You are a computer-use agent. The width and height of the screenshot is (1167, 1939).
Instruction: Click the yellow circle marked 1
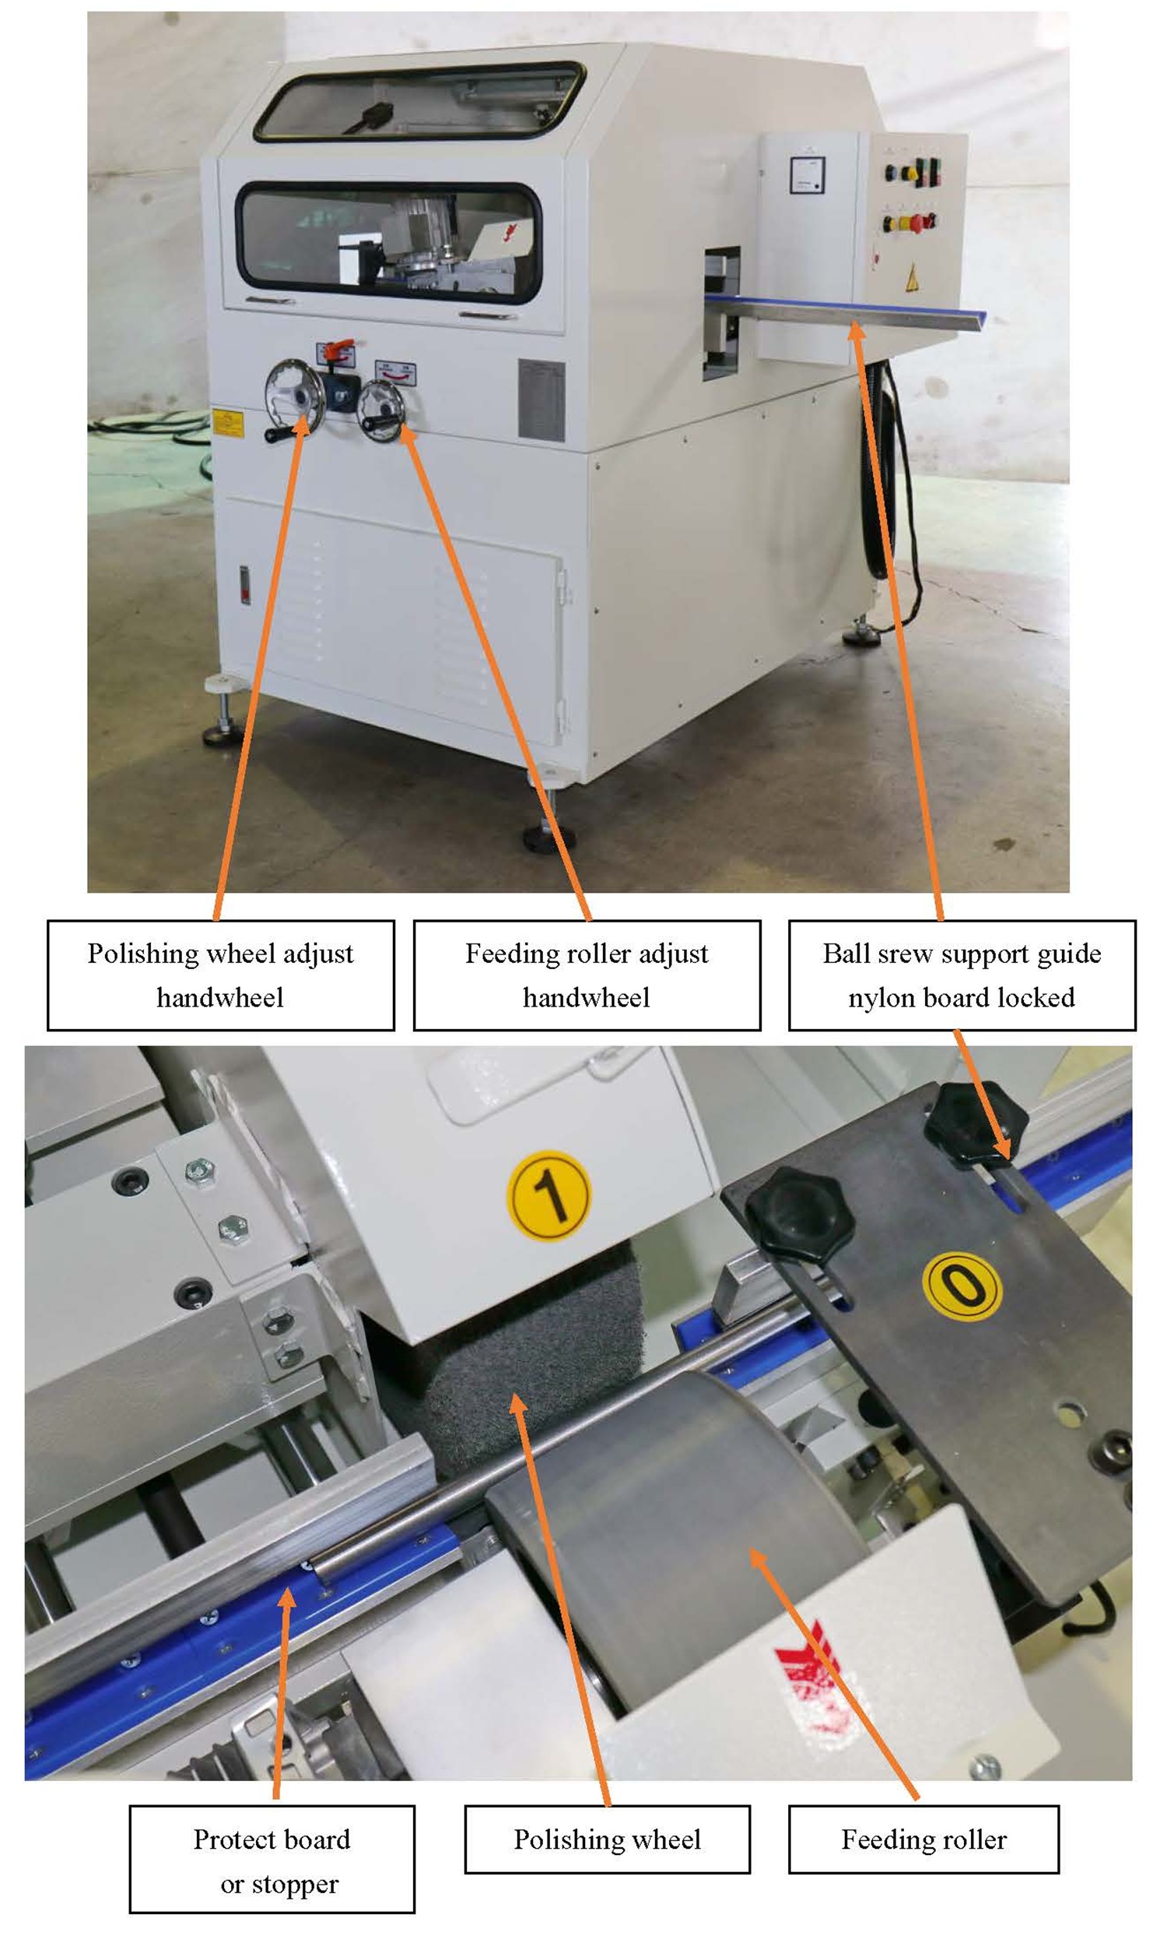coord(548,1195)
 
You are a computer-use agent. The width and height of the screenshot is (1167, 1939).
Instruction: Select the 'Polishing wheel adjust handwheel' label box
coord(221,975)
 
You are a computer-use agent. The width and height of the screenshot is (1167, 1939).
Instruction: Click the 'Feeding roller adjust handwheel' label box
coord(587,975)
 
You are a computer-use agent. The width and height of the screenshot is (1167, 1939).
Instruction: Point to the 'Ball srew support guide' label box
coord(962,975)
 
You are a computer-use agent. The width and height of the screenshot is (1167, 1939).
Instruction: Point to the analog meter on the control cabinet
coord(807,174)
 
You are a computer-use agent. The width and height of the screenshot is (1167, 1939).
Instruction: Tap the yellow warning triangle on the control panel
coord(913,278)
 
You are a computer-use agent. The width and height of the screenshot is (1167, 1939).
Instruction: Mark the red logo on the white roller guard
coord(810,1678)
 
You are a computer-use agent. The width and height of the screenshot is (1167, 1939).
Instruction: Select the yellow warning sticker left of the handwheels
coord(227,422)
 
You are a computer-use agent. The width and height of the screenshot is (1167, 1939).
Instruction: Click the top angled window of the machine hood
coord(419,102)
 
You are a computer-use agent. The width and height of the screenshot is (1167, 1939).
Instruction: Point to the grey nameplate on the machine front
coord(541,399)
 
